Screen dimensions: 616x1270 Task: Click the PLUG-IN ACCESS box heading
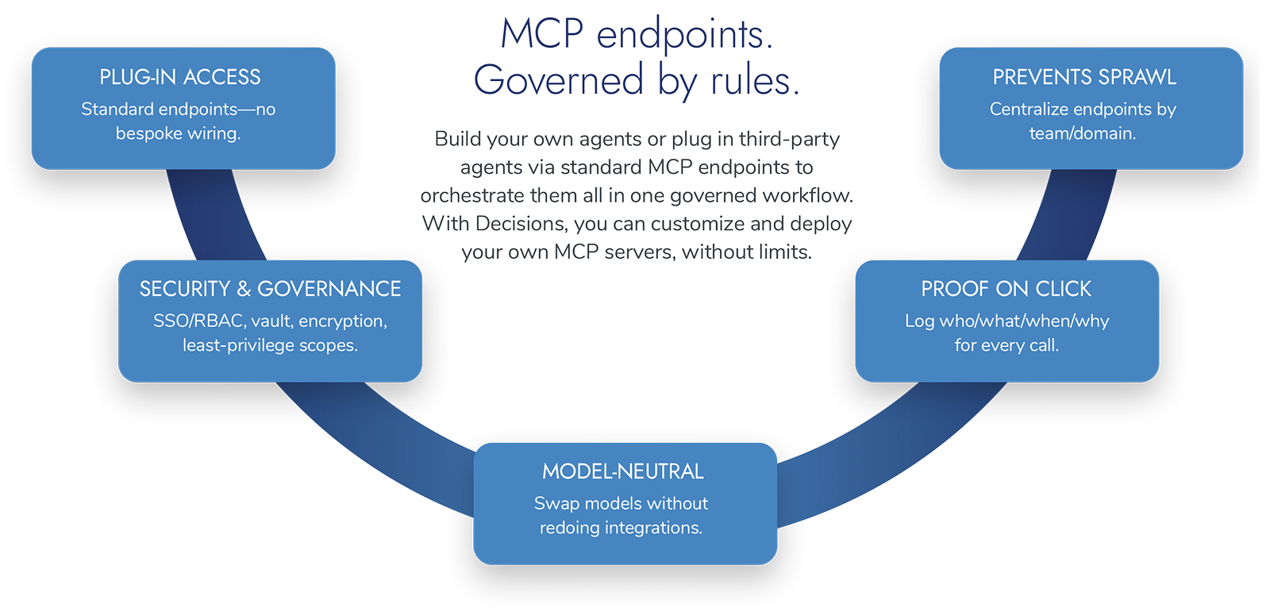(x=180, y=77)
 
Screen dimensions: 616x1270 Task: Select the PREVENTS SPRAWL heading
(x=1084, y=77)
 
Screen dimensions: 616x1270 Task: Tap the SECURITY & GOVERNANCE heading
(x=270, y=289)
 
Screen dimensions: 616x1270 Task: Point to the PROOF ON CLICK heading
(x=1006, y=289)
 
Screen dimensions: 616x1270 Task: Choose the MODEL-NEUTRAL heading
(x=623, y=472)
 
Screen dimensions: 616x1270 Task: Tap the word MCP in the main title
(x=542, y=34)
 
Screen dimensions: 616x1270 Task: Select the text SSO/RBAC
(x=198, y=321)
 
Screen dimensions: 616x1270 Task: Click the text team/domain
(x=1083, y=133)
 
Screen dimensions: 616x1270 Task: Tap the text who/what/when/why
(x=1024, y=321)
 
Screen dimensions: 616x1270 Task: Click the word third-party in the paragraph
(x=789, y=140)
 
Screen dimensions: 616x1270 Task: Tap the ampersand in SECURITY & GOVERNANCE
(x=244, y=289)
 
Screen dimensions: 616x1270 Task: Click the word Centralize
(x=1029, y=110)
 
